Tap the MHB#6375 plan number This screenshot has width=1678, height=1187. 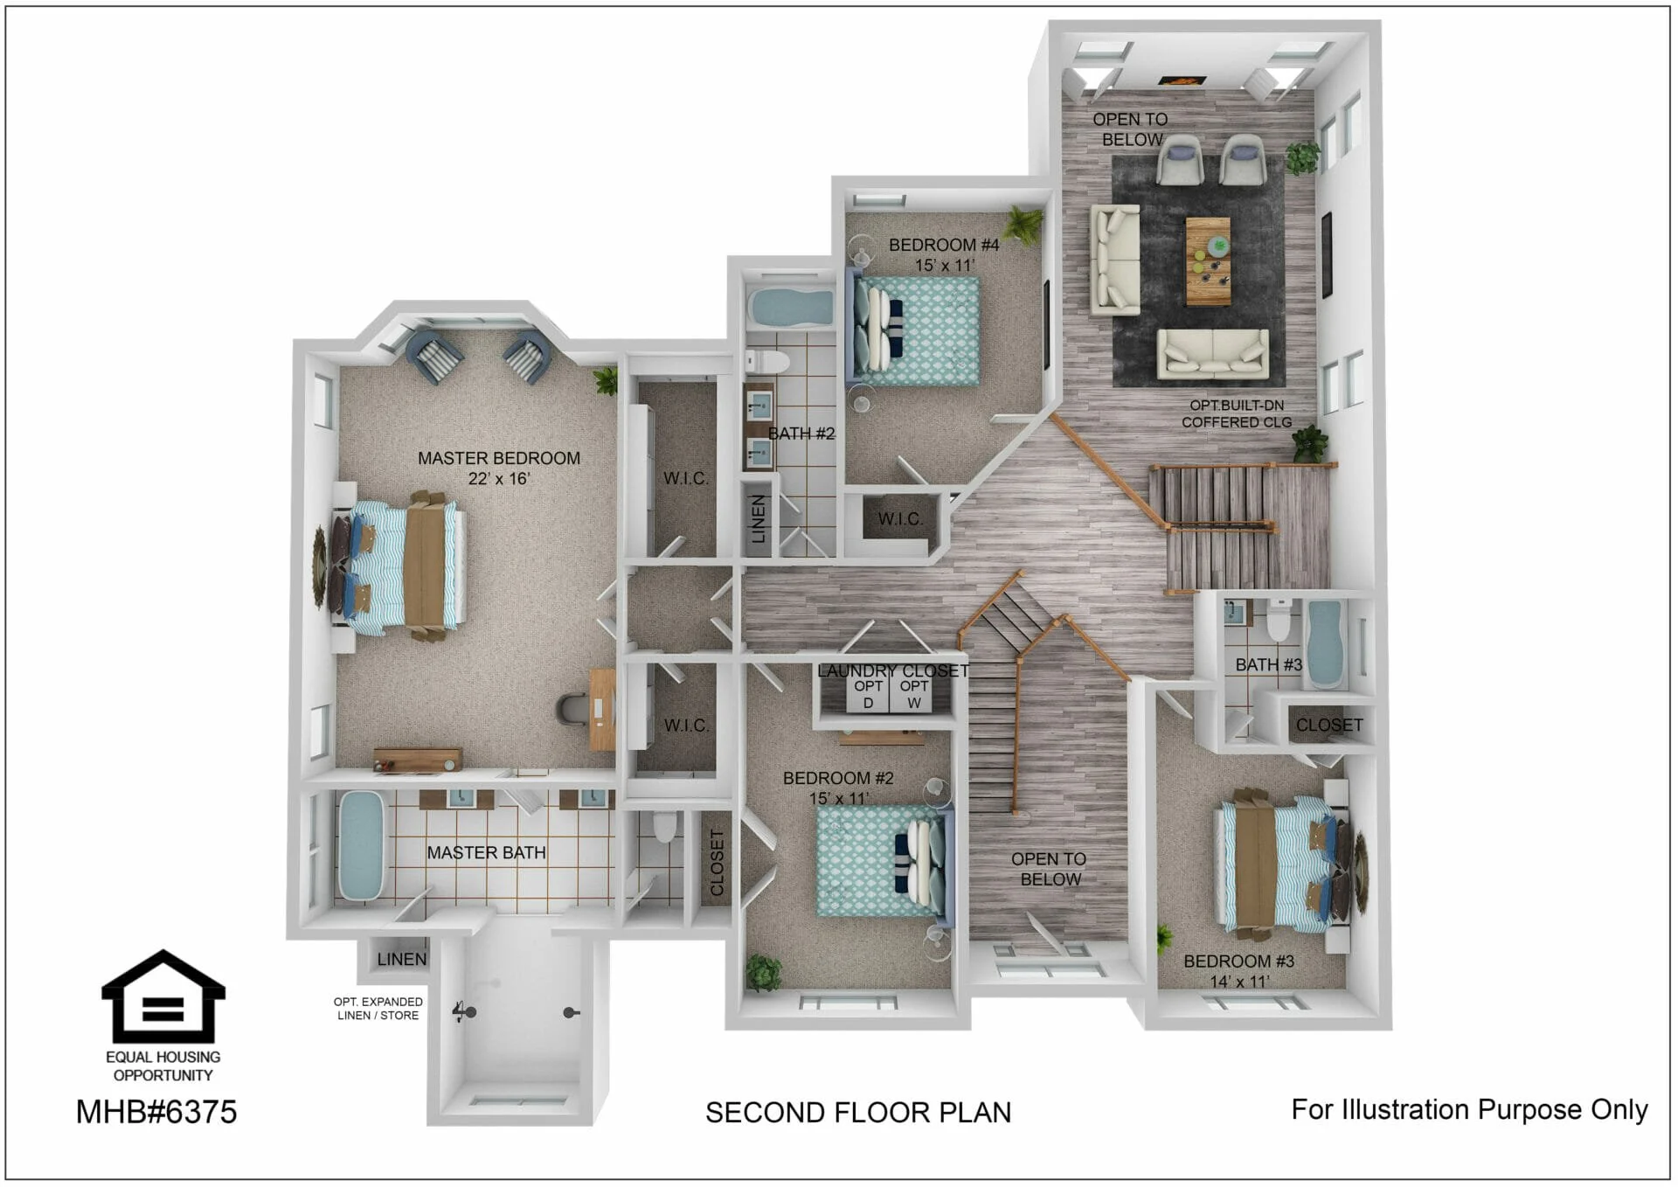pyautogui.click(x=156, y=1112)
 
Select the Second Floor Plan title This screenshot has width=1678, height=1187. pyautogui.click(x=858, y=1113)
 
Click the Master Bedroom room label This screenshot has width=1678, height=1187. pyautogui.click(x=499, y=468)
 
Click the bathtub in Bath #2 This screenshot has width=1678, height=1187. pyautogui.click(x=791, y=308)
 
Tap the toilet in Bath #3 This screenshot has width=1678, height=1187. pyautogui.click(x=1279, y=621)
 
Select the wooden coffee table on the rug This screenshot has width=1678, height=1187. pyautogui.click(x=1208, y=261)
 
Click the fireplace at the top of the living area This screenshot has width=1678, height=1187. pyautogui.click(x=1182, y=80)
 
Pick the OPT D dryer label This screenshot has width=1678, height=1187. pyautogui.click(x=868, y=694)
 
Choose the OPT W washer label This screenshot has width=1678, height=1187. pyautogui.click(x=914, y=694)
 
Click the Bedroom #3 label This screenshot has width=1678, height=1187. pyautogui.click(x=1239, y=971)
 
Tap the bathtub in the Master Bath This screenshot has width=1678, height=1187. pyautogui.click(x=361, y=845)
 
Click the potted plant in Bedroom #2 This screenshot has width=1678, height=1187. pyautogui.click(x=764, y=972)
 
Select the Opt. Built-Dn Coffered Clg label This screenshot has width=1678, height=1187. pyautogui.click(x=1237, y=413)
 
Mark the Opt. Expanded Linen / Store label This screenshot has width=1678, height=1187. pyautogui.click(x=378, y=1009)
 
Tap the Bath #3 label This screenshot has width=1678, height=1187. pyautogui.click(x=1268, y=664)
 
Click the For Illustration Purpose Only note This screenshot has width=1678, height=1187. pyautogui.click(x=1470, y=1109)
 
